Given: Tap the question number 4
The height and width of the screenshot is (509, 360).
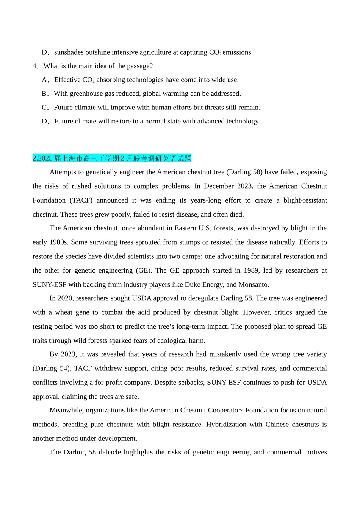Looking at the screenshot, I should (35, 66).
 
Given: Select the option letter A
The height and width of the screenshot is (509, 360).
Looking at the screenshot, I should (45, 80).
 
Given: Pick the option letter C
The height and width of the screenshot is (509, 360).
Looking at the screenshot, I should (45, 108).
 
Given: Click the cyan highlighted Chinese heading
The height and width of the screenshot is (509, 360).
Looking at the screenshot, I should (112, 158).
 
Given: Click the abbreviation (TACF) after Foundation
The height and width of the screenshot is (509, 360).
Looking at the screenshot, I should (81, 200).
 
